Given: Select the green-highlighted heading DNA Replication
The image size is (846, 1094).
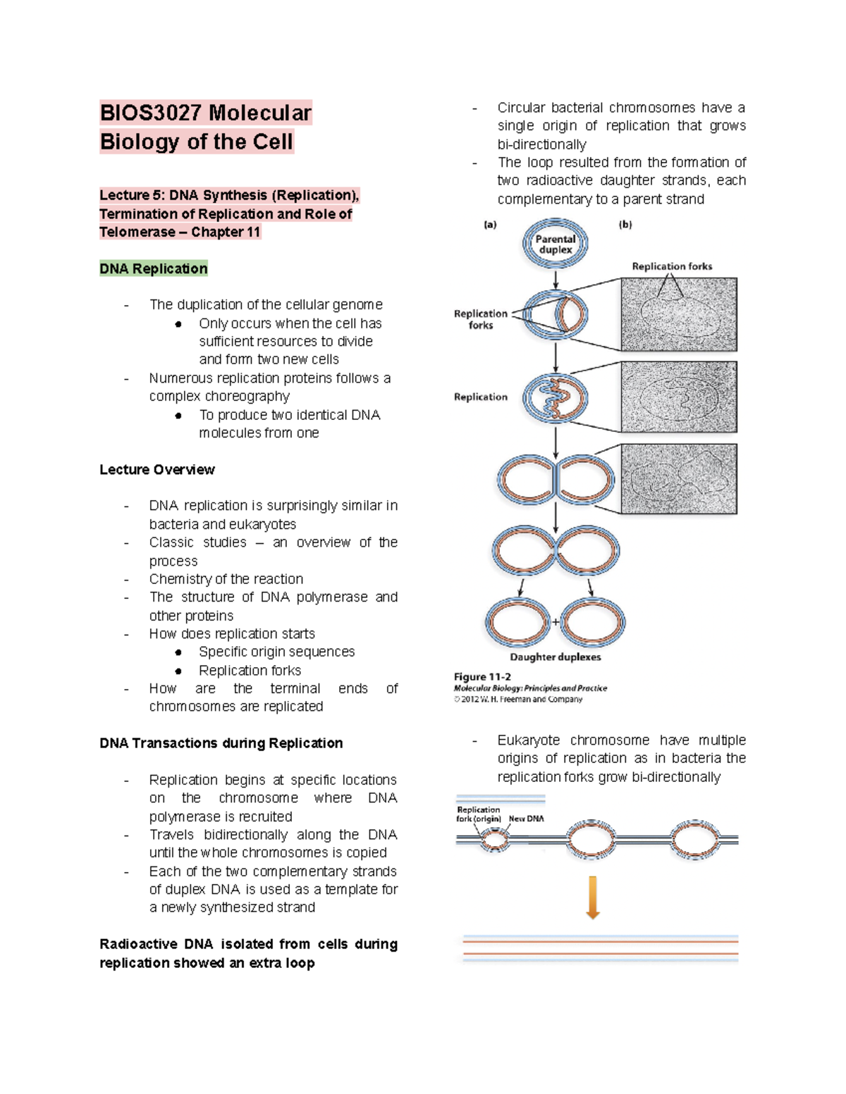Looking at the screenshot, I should tap(154, 268).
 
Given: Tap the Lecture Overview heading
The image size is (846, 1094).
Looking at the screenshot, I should tap(157, 470).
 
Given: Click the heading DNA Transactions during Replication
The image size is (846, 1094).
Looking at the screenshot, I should tap(221, 743).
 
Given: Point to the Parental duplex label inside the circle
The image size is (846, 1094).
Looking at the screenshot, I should tap(556, 244).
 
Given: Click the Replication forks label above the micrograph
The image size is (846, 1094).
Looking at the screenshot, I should tap(672, 266).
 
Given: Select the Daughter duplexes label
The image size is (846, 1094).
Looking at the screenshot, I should tap(556, 657).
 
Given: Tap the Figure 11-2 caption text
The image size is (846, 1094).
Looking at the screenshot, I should tap(483, 677).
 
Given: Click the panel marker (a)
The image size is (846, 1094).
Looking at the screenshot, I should tap(490, 225).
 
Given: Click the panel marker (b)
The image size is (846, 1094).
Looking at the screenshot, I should tap(625, 225).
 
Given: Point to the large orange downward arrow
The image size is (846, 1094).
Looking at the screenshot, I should tap(593, 897).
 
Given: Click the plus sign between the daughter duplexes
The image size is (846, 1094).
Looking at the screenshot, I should tap(556, 622).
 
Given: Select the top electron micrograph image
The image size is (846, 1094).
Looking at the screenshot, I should tap(679, 314).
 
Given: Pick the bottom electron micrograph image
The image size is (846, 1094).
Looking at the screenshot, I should tap(679, 479).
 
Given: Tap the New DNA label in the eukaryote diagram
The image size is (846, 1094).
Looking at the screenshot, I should tap(526, 819).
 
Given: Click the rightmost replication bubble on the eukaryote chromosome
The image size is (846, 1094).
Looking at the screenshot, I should tap(694, 840).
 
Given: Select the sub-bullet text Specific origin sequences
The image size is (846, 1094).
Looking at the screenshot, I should tap(276, 652).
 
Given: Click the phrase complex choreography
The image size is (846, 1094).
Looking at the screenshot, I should tap(219, 396).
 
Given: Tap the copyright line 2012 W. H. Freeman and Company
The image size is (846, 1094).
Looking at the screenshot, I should tap(518, 700).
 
